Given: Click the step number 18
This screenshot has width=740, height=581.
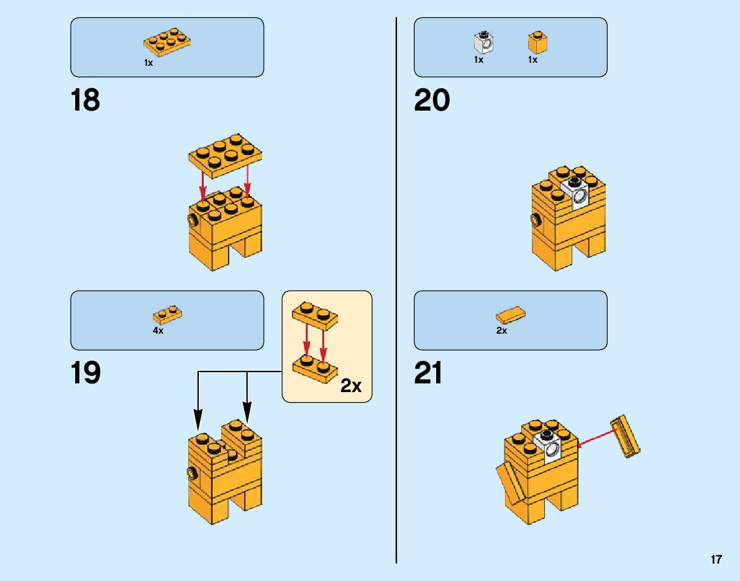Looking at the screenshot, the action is [x=85, y=101].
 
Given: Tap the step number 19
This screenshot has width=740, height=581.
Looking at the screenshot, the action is [x=85, y=373].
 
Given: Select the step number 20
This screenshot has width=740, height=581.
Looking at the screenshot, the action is [x=432, y=101].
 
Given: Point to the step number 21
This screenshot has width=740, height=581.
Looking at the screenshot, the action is [x=429, y=373].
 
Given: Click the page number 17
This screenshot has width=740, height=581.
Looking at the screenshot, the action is [x=716, y=559].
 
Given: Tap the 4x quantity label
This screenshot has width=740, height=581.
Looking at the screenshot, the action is [x=158, y=331].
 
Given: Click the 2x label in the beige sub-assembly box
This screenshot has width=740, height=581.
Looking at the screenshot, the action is [x=350, y=386].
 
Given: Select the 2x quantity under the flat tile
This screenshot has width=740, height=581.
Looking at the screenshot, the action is [x=501, y=331].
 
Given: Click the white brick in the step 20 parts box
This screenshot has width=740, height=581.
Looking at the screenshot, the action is [x=483, y=42].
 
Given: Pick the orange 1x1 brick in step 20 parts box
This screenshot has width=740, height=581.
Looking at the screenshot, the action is [x=537, y=42].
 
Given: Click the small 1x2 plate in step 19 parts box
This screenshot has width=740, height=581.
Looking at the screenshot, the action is [x=167, y=314].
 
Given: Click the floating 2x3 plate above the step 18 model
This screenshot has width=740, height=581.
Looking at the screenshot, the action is [x=226, y=152].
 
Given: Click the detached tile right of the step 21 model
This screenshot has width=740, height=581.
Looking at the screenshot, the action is [x=626, y=436].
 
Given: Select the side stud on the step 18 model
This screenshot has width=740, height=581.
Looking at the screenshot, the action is [x=191, y=221].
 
